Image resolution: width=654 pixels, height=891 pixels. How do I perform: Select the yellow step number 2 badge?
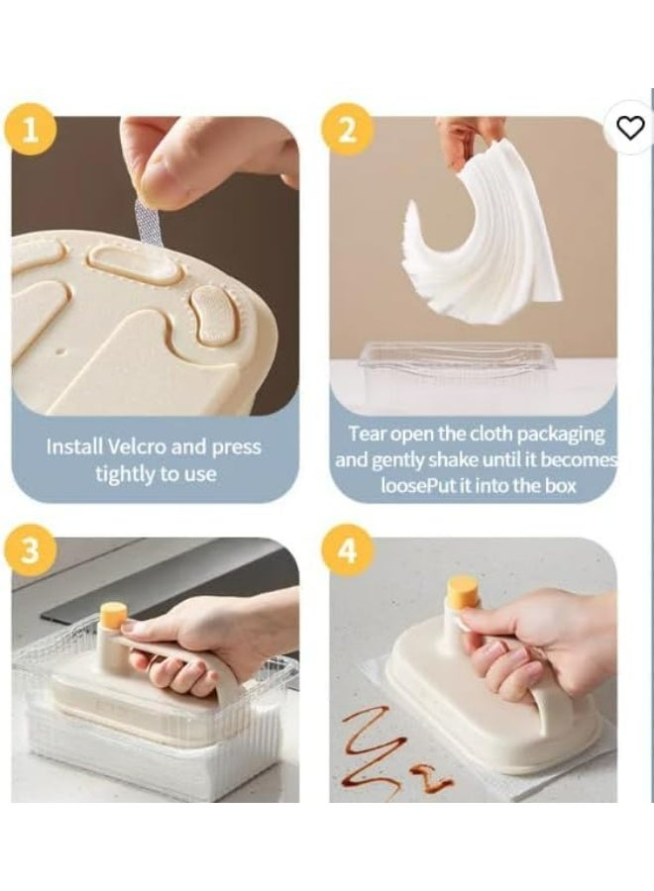pos(348,131)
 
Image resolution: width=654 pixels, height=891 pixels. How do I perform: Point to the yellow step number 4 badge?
pos(348,551)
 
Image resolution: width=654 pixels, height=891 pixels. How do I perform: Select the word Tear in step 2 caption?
pos(367,434)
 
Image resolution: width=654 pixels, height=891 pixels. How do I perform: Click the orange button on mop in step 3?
pos(113,616)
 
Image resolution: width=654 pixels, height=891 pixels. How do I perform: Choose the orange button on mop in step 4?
pos(461,591)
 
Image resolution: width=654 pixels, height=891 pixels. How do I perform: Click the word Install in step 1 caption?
pos(73,446)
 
